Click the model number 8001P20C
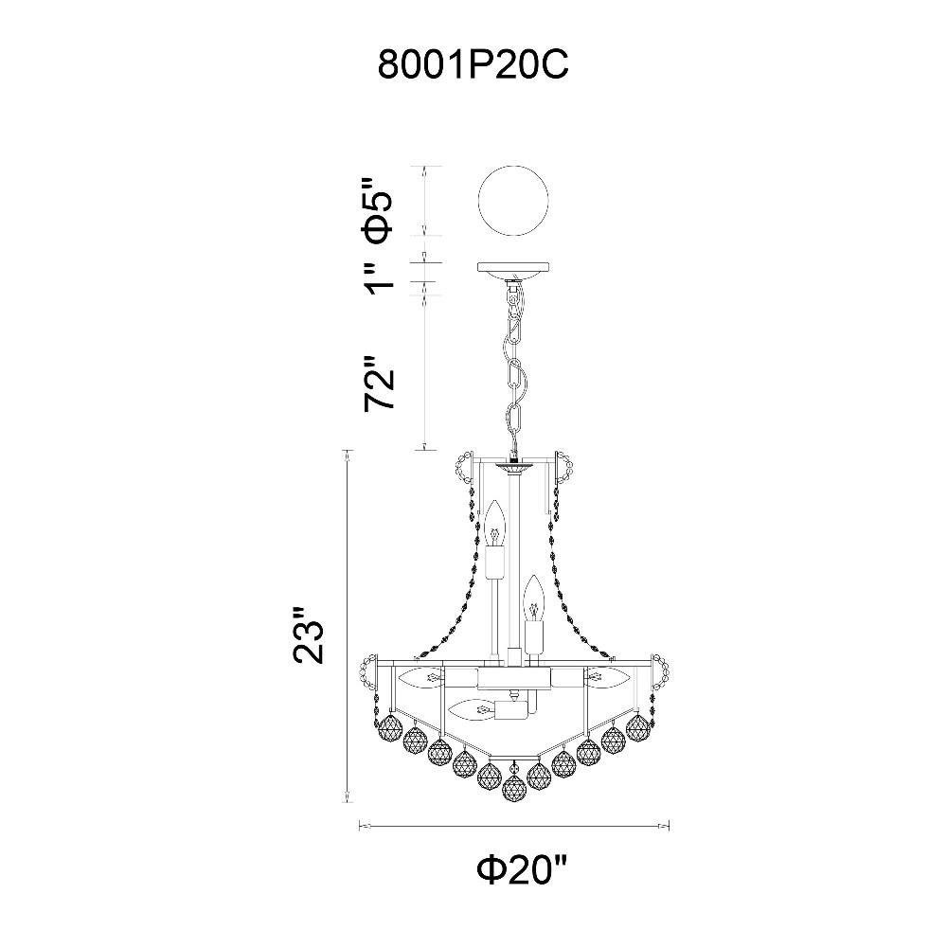(473, 64)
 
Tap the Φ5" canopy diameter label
(379, 210)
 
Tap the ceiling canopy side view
(513, 271)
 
